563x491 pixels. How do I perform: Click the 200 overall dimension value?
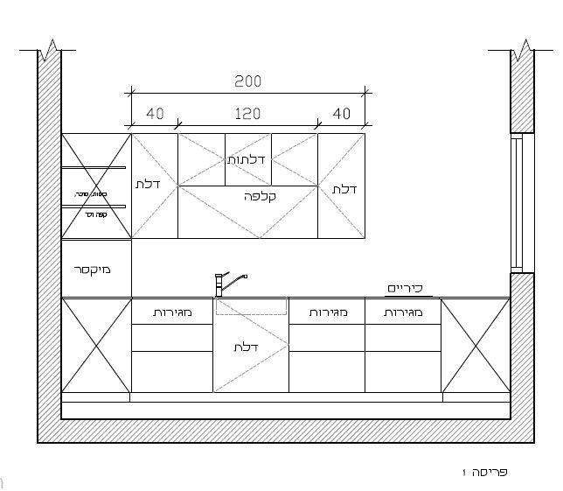coord(248,81)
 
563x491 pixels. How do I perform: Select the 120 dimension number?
coord(248,114)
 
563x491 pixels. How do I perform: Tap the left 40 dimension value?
coord(154,114)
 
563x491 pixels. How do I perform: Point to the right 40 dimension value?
coord(341,114)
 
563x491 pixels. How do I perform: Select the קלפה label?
coord(261,196)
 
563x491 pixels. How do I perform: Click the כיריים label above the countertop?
coord(405,286)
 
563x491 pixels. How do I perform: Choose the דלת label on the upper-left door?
coord(146,184)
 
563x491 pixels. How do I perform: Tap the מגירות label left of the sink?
coord(171,312)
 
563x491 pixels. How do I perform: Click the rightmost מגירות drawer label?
coord(403,312)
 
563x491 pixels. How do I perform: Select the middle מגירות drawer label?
coord(328,312)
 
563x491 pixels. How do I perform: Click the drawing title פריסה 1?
coord(484,472)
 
